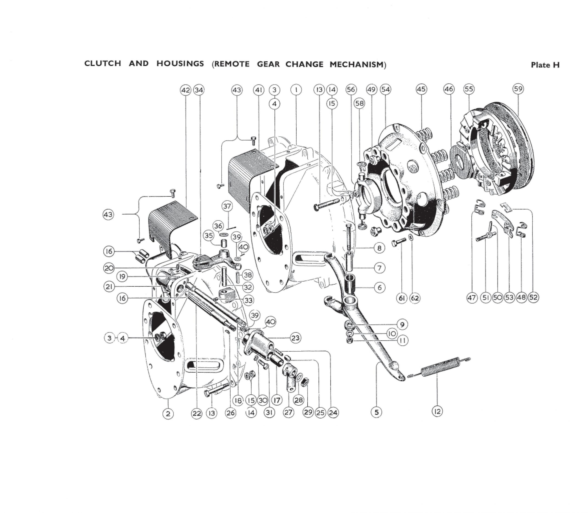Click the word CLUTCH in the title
(x=102, y=63)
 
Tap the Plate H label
(x=545, y=65)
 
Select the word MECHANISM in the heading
(x=356, y=64)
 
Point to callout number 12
(x=437, y=411)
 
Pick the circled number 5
(x=376, y=412)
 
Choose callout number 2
(x=168, y=413)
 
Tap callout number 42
(x=185, y=90)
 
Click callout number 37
(x=227, y=206)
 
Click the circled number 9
(x=402, y=324)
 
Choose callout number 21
(x=109, y=287)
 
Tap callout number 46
(x=449, y=89)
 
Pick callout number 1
(x=296, y=90)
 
